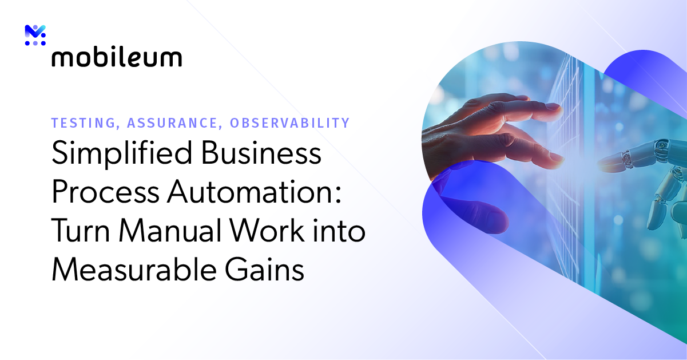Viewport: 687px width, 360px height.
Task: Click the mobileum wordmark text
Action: pos(117,57)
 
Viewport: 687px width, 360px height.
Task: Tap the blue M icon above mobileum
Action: pos(35,35)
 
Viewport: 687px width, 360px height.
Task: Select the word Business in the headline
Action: pos(263,155)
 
